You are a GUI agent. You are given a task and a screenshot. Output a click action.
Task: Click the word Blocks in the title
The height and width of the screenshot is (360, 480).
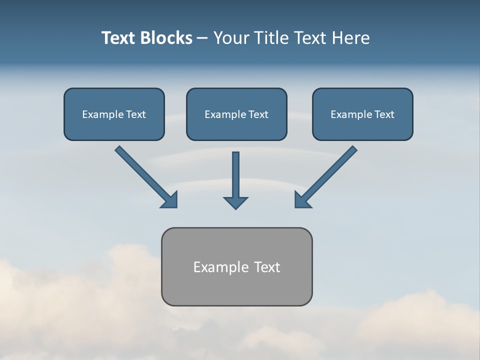pos(167,38)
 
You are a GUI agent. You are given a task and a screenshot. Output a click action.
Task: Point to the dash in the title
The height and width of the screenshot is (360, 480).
pos(202,38)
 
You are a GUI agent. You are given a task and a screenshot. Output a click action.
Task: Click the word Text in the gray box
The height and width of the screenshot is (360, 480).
pos(267,267)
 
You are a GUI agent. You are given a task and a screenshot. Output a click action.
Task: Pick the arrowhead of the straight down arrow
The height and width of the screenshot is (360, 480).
pos(235,202)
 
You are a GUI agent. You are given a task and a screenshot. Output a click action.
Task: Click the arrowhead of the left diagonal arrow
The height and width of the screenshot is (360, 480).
pos(170,200)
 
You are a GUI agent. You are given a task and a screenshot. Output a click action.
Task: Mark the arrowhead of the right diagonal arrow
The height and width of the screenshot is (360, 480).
pos(302,200)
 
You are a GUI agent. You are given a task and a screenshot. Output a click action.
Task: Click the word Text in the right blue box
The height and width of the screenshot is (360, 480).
pos(384,114)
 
